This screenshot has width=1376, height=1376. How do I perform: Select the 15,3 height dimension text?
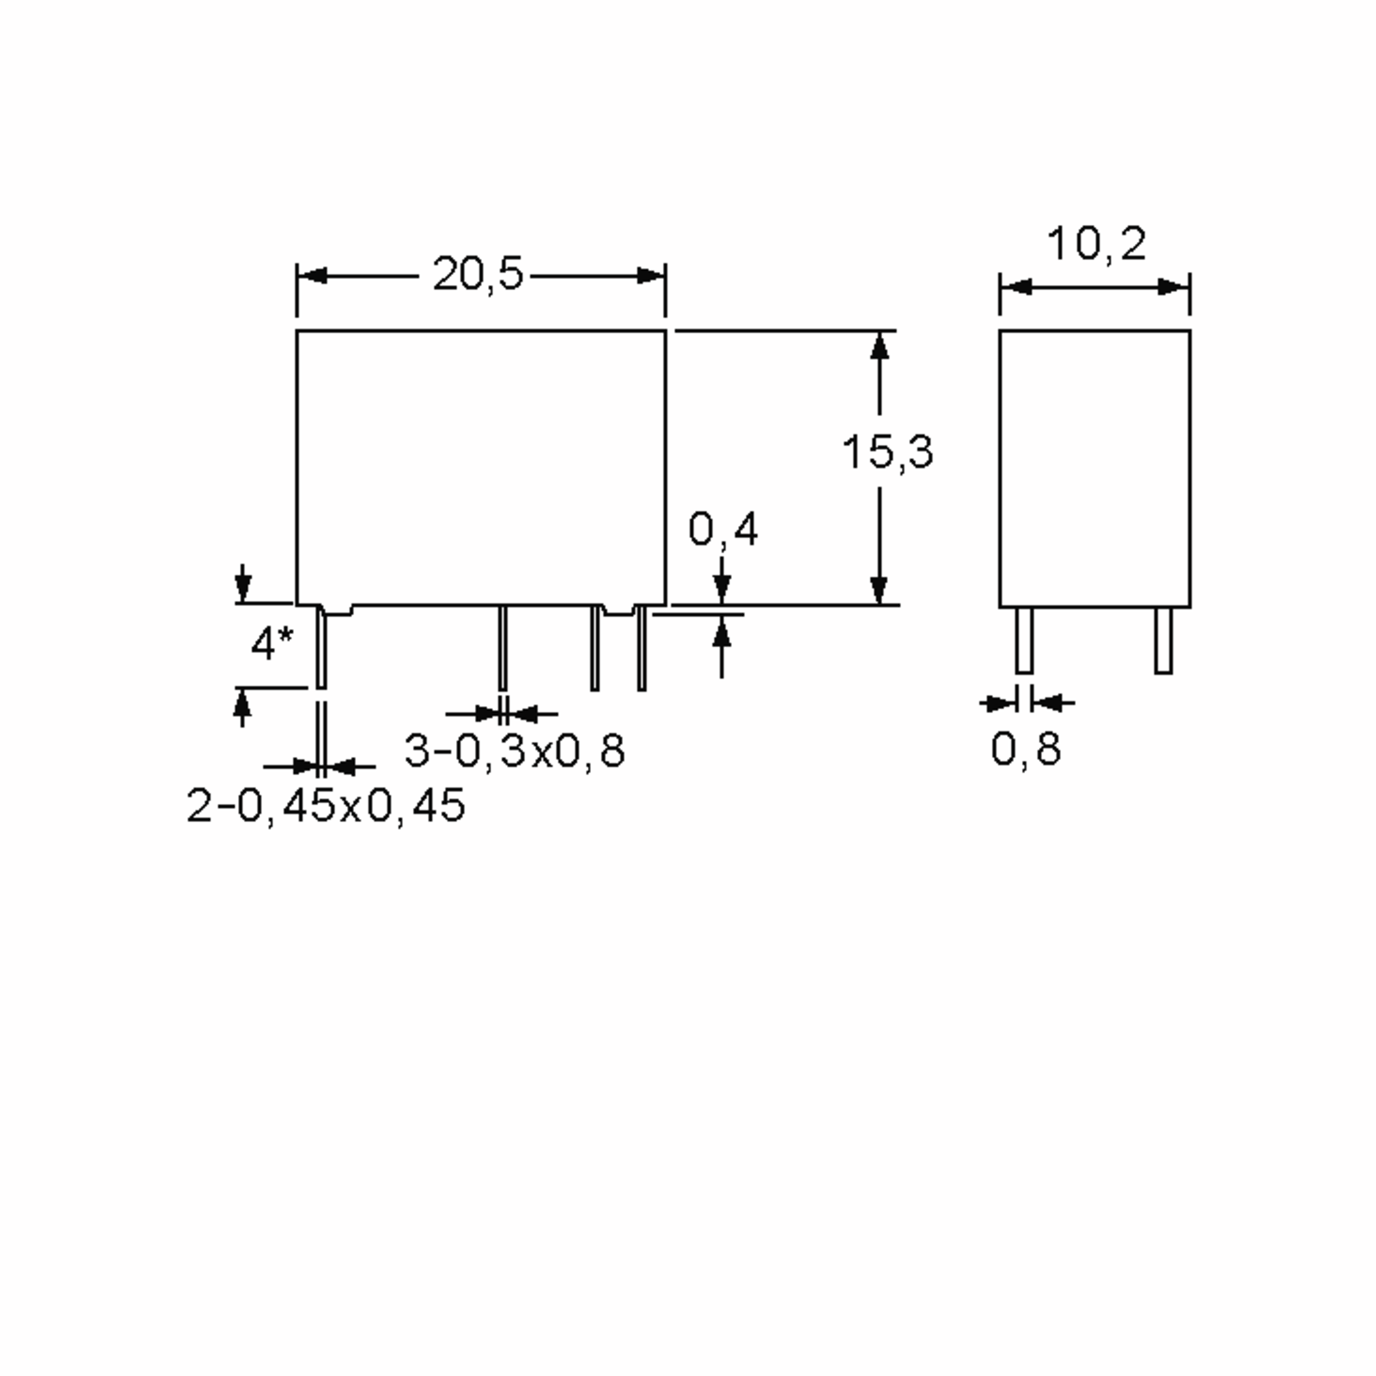888,452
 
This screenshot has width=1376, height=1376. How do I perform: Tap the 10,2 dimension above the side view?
1096,244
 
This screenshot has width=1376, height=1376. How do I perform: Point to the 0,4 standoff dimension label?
723,529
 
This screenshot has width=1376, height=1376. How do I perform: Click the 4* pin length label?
271,644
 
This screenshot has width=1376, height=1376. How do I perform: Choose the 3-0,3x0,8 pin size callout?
514,750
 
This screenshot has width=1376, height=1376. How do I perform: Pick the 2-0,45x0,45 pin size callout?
326,806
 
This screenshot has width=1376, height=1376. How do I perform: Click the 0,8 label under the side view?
1026,749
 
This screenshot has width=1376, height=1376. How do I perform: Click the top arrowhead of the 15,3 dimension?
879,346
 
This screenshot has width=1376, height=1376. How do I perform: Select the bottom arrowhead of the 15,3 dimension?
879,590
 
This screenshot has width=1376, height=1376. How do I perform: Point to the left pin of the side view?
1024,640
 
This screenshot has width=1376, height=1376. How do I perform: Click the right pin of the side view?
1163,640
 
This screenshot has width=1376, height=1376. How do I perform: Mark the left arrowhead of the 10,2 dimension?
1017,287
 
